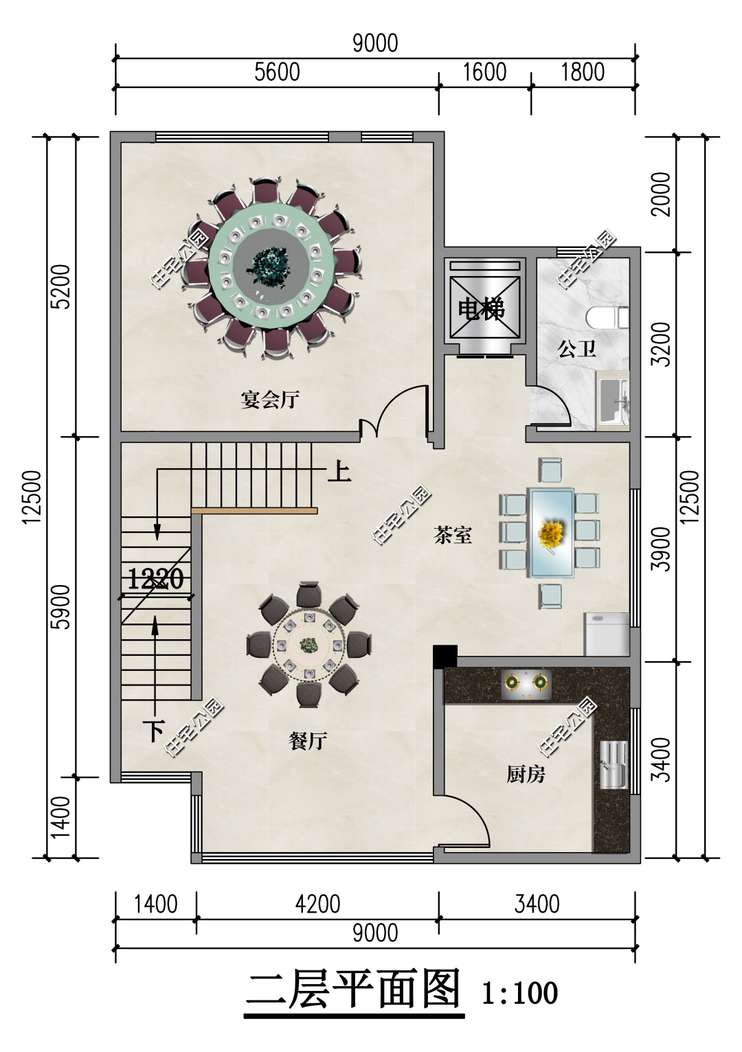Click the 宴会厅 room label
tap(270, 400)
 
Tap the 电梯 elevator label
tap(482, 310)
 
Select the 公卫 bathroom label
tap(577, 349)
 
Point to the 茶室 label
tap(453, 535)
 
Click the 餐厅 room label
tap(307, 741)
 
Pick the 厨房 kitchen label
tap(526, 775)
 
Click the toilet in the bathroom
tap(607, 317)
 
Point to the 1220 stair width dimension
tap(155, 579)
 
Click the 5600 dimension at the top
tap(278, 72)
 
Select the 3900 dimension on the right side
tap(662, 549)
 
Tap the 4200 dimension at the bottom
tap(318, 904)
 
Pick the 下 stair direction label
tap(155, 731)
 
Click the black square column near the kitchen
tap(445, 656)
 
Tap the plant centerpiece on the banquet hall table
tap(270, 266)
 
